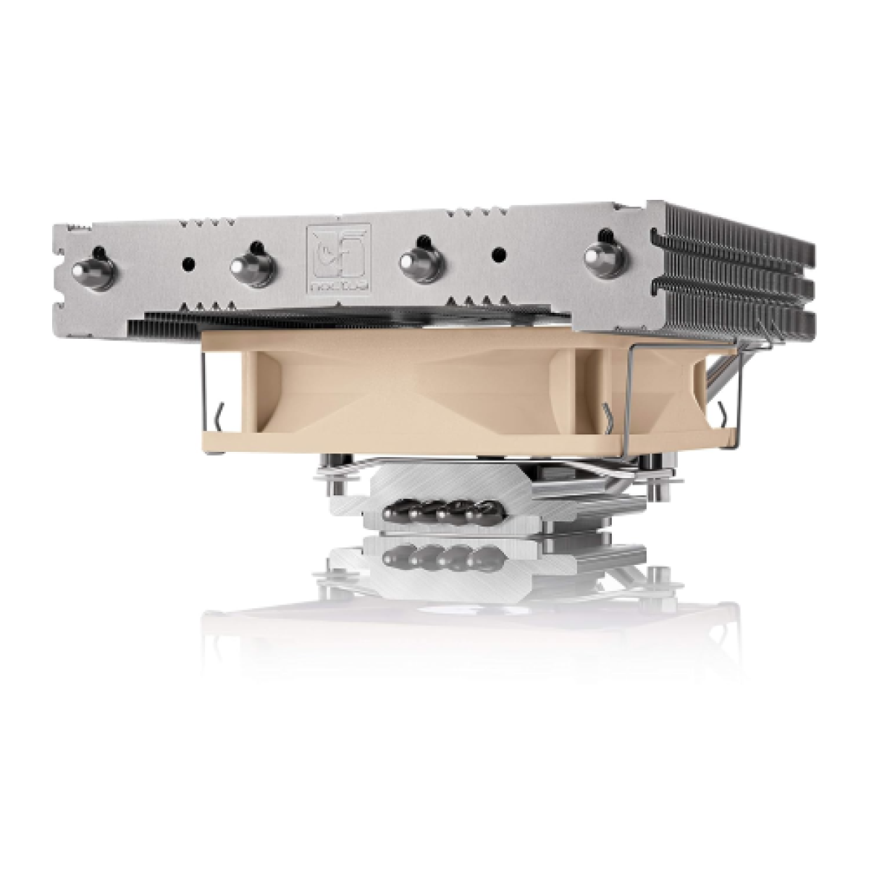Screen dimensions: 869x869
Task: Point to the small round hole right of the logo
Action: (499, 255)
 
